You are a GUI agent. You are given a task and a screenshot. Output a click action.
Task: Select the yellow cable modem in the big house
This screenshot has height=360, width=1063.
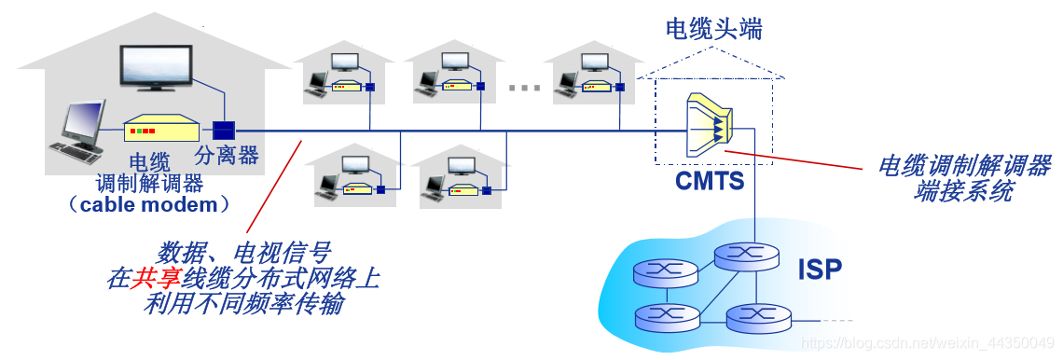point(161,129)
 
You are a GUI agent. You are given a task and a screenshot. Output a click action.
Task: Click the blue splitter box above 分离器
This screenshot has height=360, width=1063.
point(223,130)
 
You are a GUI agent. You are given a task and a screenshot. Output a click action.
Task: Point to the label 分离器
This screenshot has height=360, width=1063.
point(227,156)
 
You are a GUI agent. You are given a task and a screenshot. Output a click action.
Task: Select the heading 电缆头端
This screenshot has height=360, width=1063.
point(713,29)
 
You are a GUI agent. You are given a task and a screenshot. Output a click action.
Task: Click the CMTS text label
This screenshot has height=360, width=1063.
point(710,180)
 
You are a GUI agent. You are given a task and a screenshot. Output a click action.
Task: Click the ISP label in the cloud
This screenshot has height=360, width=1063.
point(820,270)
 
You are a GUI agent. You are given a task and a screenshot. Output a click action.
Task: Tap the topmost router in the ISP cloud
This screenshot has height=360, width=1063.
point(746,256)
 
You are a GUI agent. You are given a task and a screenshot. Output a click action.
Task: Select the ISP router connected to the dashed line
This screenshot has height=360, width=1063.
point(758,319)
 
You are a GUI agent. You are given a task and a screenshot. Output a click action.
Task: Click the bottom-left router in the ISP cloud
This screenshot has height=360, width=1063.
point(666,318)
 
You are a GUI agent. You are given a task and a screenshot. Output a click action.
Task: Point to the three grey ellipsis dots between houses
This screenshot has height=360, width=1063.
point(525,88)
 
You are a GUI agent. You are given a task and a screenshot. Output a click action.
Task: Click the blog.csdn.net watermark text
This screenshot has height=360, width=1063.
point(929,344)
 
